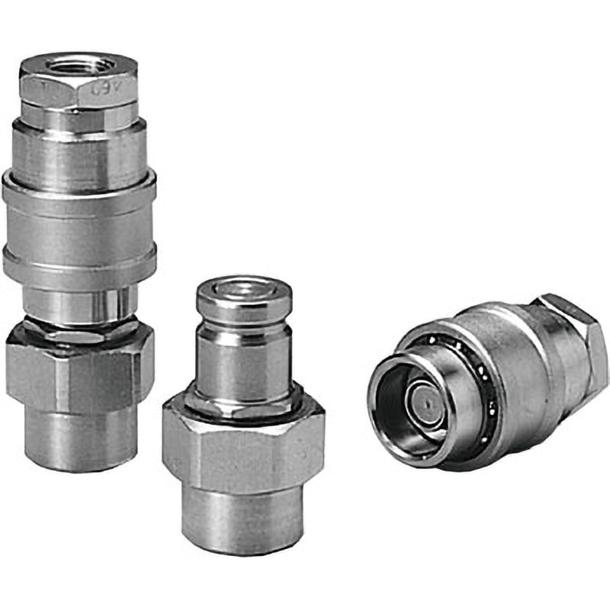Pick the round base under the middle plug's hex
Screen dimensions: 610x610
(242, 518)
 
